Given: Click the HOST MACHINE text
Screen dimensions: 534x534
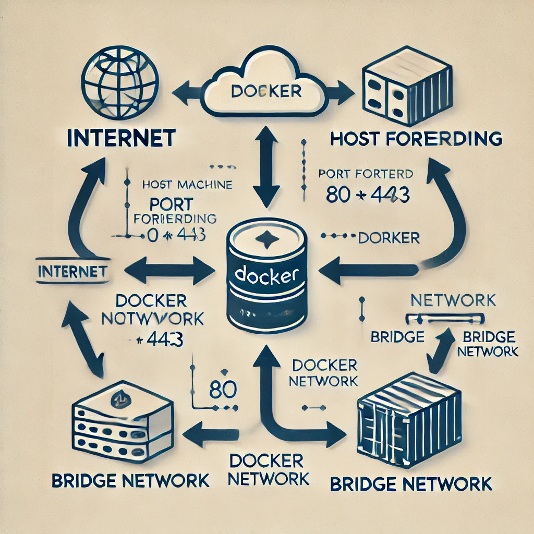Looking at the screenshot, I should (187, 184).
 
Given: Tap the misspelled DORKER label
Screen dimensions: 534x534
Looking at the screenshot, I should (389, 238).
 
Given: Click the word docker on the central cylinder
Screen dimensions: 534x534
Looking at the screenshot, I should (266, 274).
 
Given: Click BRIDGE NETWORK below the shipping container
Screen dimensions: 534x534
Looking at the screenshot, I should (411, 483).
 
